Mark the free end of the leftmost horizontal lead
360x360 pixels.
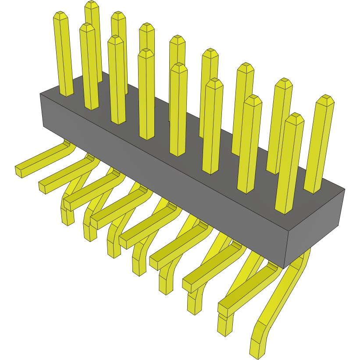[x=19, y=171]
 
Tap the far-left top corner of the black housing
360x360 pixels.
[x=40, y=94]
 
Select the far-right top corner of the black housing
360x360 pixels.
[x=345, y=189]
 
